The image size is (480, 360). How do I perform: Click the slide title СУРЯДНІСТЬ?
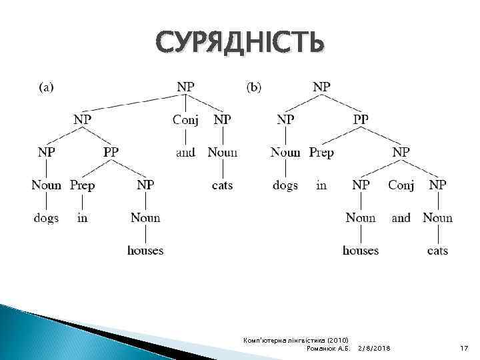(241, 44)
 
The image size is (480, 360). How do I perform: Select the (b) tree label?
(254, 86)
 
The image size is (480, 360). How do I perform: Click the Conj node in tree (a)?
(185, 119)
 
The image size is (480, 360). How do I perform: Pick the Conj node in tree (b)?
(401, 185)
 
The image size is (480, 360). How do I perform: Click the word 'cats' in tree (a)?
(222, 185)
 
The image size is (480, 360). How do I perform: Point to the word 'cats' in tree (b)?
(437, 251)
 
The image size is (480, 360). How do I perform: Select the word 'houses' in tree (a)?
(145, 251)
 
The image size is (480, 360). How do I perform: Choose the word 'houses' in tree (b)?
(361, 251)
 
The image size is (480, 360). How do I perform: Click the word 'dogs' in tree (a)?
(46, 218)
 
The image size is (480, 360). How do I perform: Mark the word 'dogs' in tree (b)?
(285, 185)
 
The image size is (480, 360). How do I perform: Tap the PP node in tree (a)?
(111, 152)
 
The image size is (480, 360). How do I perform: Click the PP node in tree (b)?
(361, 119)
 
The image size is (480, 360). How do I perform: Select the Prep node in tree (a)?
(83, 185)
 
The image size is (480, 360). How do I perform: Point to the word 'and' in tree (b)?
(401, 218)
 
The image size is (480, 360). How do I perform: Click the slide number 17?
(465, 349)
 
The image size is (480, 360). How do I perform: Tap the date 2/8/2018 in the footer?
(375, 349)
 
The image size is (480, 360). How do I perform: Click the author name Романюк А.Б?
(327, 349)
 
